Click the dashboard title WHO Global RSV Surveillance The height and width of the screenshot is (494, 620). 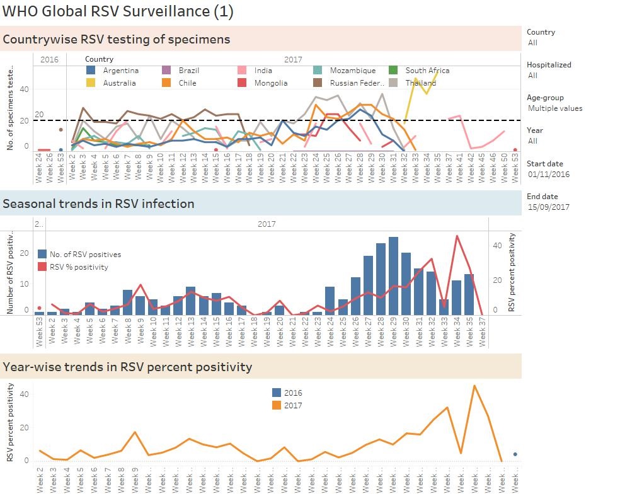click(x=118, y=11)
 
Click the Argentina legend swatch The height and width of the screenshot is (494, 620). click(x=91, y=71)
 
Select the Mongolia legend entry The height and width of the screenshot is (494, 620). click(x=270, y=83)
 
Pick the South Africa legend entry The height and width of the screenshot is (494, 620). click(x=427, y=71)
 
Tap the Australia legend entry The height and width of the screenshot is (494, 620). click(x=119, y=83)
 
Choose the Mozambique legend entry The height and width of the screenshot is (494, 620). click(x=352, y=71)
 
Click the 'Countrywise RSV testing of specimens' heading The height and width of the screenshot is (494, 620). click(x=117, y=39)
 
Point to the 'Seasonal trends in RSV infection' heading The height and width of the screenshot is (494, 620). click(x=98, y=204)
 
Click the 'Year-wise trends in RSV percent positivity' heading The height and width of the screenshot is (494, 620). click(x=127, y=367)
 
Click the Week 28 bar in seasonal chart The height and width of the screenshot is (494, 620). click(x=381, y=279)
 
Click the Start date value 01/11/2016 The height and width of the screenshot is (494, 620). click(x=548, y=174)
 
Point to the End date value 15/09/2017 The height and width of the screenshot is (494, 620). click(x=548, y=207)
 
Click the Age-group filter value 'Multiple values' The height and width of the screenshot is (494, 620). click(x=554, y=108)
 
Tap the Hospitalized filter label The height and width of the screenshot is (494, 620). click(x=549, y=64)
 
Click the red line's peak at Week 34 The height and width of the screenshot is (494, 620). click(x=457, y=236)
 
